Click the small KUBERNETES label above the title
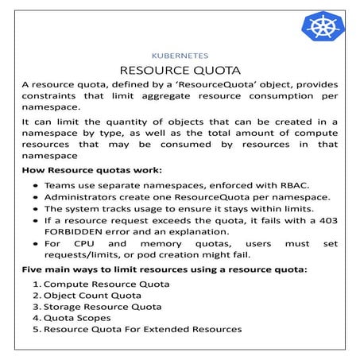[180, 56]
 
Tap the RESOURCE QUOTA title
[180, 71]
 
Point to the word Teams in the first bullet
[60, 184]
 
